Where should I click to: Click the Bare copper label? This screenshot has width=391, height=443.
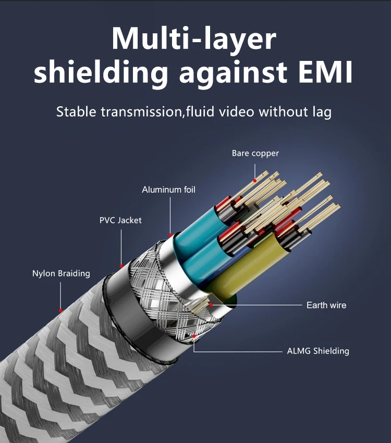255,154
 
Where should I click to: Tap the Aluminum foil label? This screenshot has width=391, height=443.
168,190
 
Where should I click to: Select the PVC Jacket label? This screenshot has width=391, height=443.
120,220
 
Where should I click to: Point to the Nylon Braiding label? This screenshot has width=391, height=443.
61,273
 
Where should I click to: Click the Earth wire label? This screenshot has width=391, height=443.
326,305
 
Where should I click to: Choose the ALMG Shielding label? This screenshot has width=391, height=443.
318,351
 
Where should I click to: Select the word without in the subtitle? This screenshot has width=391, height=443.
282,111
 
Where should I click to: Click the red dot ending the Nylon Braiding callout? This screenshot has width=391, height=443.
60,310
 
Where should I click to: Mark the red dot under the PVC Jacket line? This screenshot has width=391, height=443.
121,266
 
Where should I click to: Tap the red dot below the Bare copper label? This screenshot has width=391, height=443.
255,181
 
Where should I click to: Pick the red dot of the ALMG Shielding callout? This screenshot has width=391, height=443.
194,336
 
